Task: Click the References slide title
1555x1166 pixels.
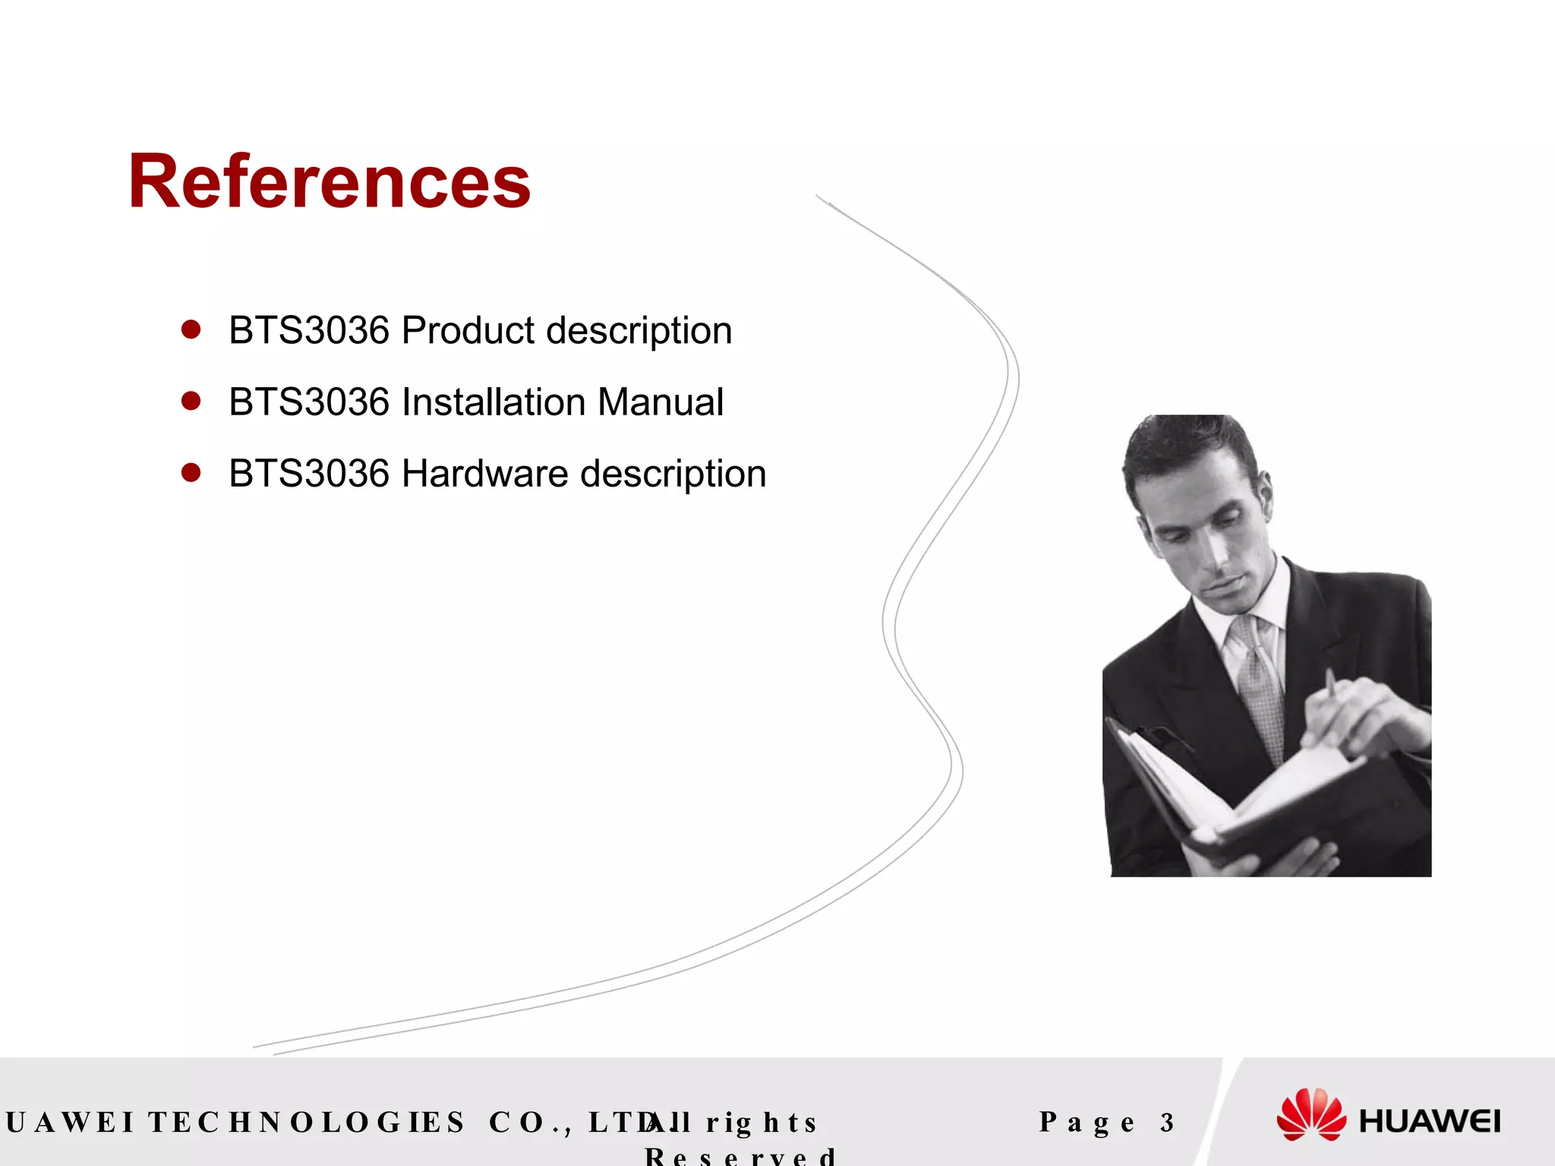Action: pyautogui.click(x=329, y=181)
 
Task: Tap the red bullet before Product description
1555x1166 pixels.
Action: pyautogui.click(x=191, y=329)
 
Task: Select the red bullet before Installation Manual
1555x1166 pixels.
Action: pyautogui.click(x=191, y=401)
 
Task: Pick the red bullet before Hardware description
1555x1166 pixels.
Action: pyautogui.click(x=191, y=473)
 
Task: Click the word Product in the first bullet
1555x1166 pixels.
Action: pyautogui.click(x=468, y=331)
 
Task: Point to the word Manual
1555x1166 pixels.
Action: pyautogui.click(x=660, y=402)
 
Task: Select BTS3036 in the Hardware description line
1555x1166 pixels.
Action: pyautogui.click(x=309, y=474)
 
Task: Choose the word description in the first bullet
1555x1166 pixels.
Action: pyautogui.click(x=639, y=331)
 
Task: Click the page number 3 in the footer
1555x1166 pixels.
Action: pyautogui.click(x=1167, y=1122)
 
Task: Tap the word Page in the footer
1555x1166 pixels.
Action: pyautogui.click(x=1087, y=1122)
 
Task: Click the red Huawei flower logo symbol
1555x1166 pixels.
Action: pyautogui.click(x=1311, y=1114)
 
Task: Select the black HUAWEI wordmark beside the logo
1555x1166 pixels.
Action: pyautogui.click(x=1429, y=1121)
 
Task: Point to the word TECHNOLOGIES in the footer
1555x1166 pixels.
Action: pyautogui.click(x=306, y=1122)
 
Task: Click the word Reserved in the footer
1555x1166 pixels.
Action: pyautogui.click(x=740, y=1155)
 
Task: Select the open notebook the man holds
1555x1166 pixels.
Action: pyautogui.click(x=1245, y=797)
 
